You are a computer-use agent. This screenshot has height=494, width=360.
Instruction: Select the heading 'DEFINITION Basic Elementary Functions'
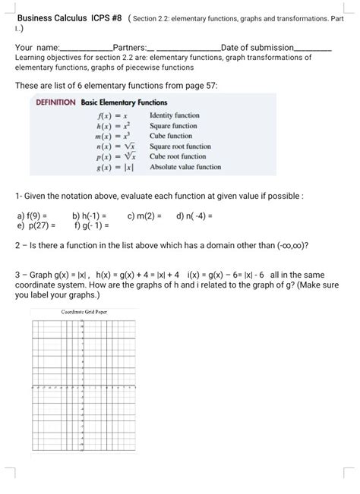102,102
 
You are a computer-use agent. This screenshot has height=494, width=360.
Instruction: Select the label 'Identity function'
175,115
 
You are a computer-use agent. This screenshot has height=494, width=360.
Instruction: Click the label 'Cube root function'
179,156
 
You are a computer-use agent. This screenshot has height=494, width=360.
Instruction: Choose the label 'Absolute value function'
185,166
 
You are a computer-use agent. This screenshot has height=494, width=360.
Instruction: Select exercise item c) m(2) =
144,216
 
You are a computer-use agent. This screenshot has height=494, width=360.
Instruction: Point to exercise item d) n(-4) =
194,216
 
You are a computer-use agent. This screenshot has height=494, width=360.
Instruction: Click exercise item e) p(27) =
35,225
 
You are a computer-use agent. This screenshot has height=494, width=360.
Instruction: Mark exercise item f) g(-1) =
92,225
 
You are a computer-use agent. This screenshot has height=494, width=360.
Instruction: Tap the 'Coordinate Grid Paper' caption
84,312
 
